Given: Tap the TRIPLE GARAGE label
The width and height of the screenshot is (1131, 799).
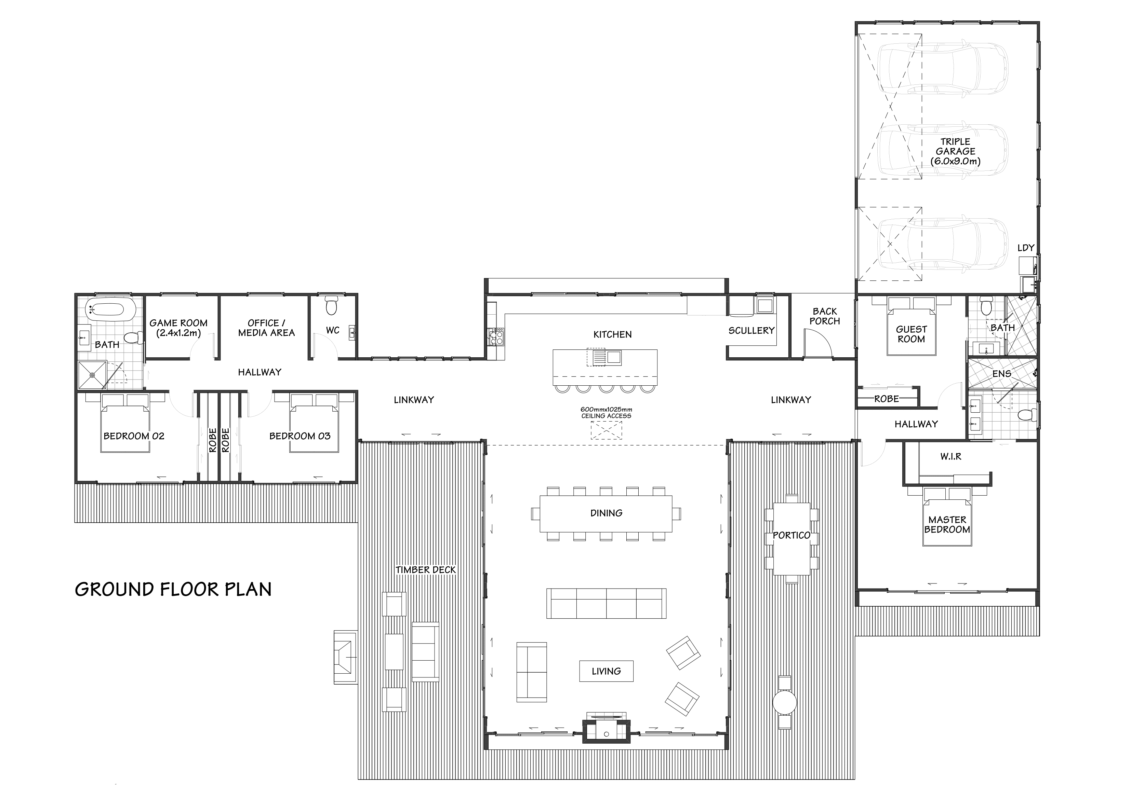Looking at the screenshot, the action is (955, 151).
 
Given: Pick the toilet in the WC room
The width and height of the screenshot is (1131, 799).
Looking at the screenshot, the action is (332, 305).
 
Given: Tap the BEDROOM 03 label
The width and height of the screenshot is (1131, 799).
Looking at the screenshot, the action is (300, 436).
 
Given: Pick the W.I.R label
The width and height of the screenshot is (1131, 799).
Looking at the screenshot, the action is (951, 456).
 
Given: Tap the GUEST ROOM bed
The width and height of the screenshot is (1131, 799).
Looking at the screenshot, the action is (911, 326).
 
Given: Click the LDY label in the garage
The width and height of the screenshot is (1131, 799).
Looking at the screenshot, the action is (1026, 248).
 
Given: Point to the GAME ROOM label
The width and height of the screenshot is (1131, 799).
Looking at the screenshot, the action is (178, 328).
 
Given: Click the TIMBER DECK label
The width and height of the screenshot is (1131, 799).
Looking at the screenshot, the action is (426, 569).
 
